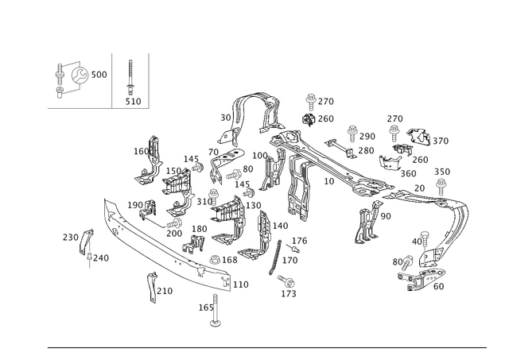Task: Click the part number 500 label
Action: [99, 75]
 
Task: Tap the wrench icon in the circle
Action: [80, 75]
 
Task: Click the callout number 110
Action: [240, 285]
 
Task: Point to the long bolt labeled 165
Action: [215, 310]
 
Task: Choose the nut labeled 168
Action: [214, 259]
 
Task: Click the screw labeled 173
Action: [286, 281]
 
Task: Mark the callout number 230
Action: [71, 238]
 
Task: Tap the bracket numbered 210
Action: [152, 287]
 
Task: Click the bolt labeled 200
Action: [174, 223]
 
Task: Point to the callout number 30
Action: [226, 118]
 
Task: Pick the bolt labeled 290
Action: [352, 134]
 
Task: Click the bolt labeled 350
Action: [441, 186]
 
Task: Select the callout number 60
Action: [438, 286]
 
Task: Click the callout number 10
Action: [328, 181]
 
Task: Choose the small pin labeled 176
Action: [294, 249]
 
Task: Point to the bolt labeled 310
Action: [213, 195]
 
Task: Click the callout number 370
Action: [441, 141]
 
